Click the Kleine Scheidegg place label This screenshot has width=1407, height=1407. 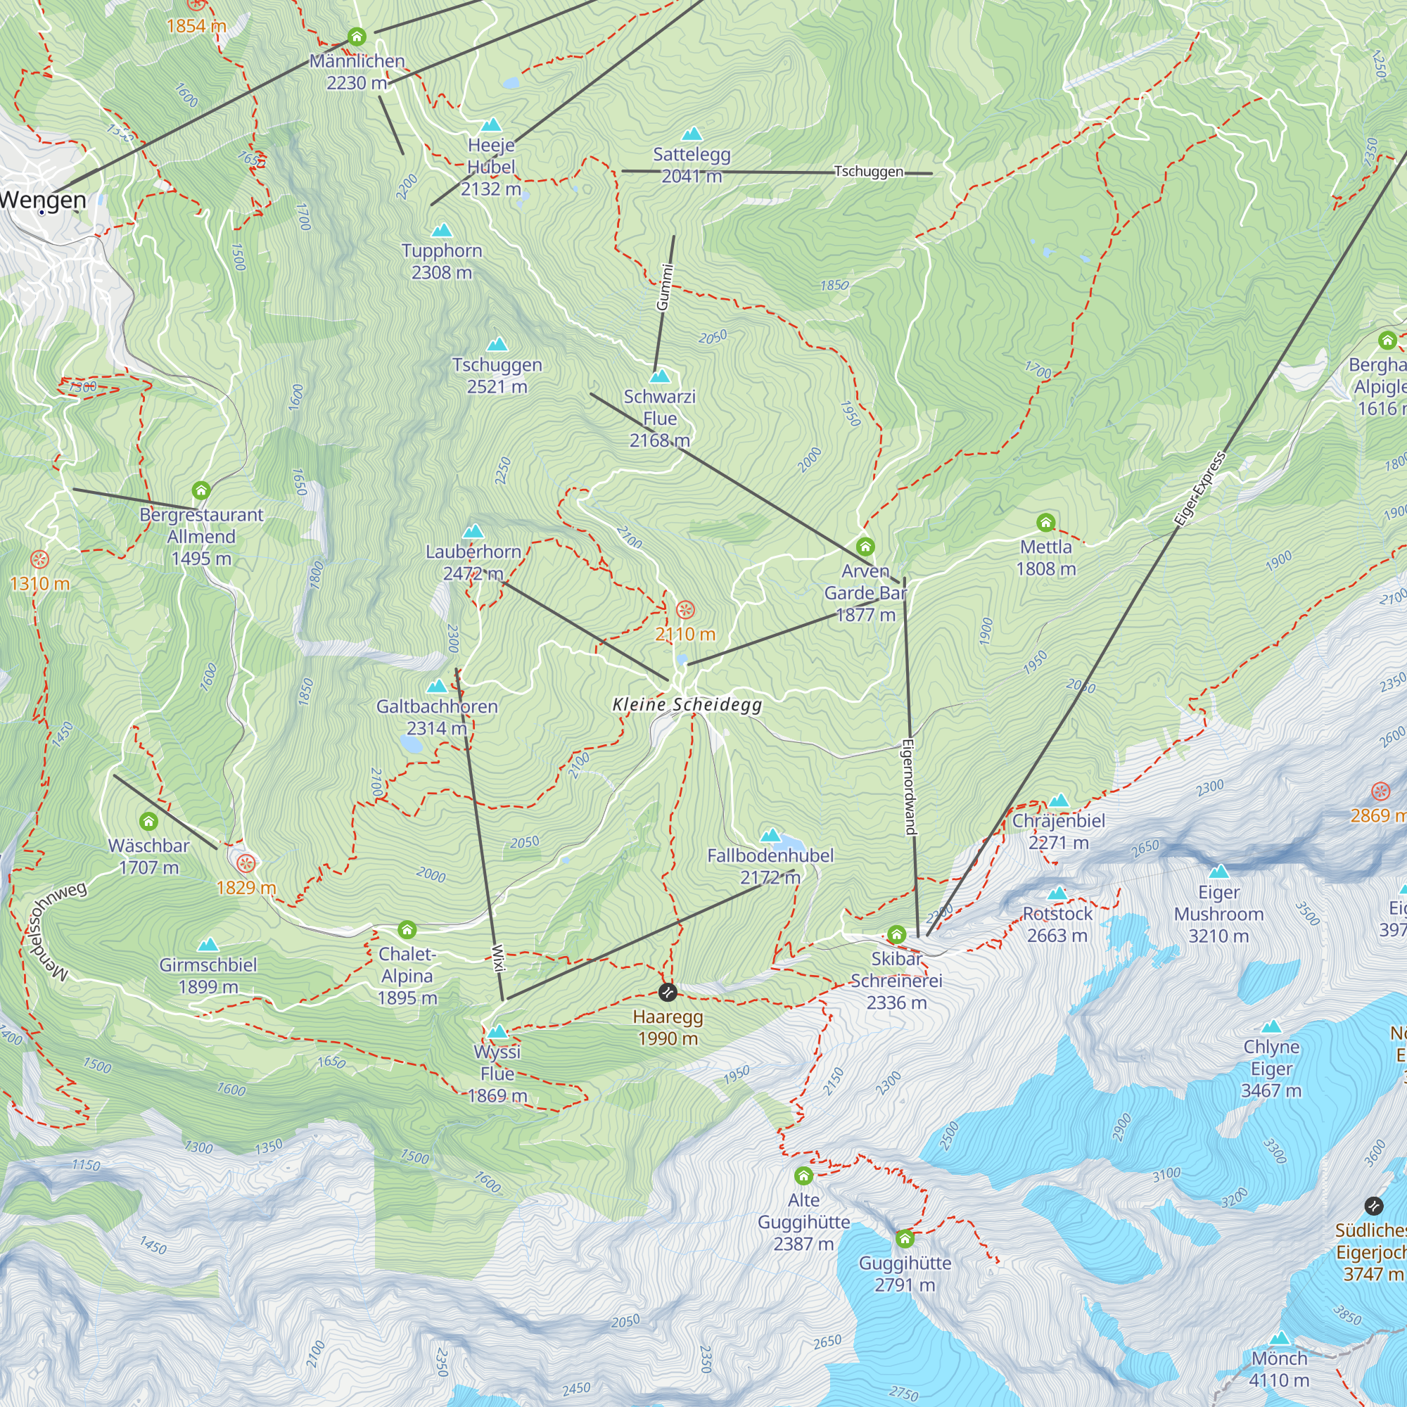(x=687, y=704)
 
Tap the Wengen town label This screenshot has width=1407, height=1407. (x=44, y=200)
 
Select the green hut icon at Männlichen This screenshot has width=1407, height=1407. (x=356, y=37)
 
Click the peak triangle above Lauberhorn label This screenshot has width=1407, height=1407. (x=473, y=531)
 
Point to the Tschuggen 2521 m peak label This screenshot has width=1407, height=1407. (x=497, y=375)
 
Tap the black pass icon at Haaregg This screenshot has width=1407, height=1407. (x=667, y=993)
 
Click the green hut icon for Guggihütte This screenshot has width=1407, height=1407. (x=905, y=1238)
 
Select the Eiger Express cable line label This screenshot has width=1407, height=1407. (x=1199, y=489)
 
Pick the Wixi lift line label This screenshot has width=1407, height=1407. (x=498, y=958)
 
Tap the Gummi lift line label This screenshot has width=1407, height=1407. (x=664, y=288)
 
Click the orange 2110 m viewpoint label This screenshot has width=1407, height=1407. (x=685, y=635)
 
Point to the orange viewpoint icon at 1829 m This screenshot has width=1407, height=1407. (x=247, y=864)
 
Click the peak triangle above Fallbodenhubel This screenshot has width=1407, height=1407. (x=770, y=834)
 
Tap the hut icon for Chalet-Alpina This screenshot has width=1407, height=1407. (x=407, y=930)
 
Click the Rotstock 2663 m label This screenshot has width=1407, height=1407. (x=1057, y=924)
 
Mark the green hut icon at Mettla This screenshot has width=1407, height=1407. (x=1046, y=522)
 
